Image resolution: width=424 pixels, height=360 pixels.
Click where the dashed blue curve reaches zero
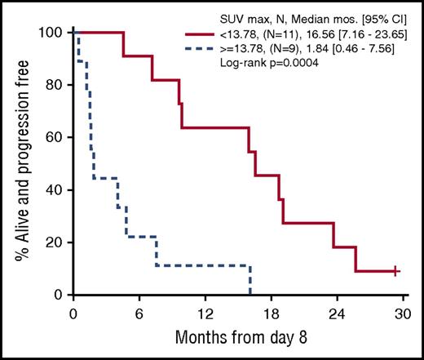click(x=250, y=295)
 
